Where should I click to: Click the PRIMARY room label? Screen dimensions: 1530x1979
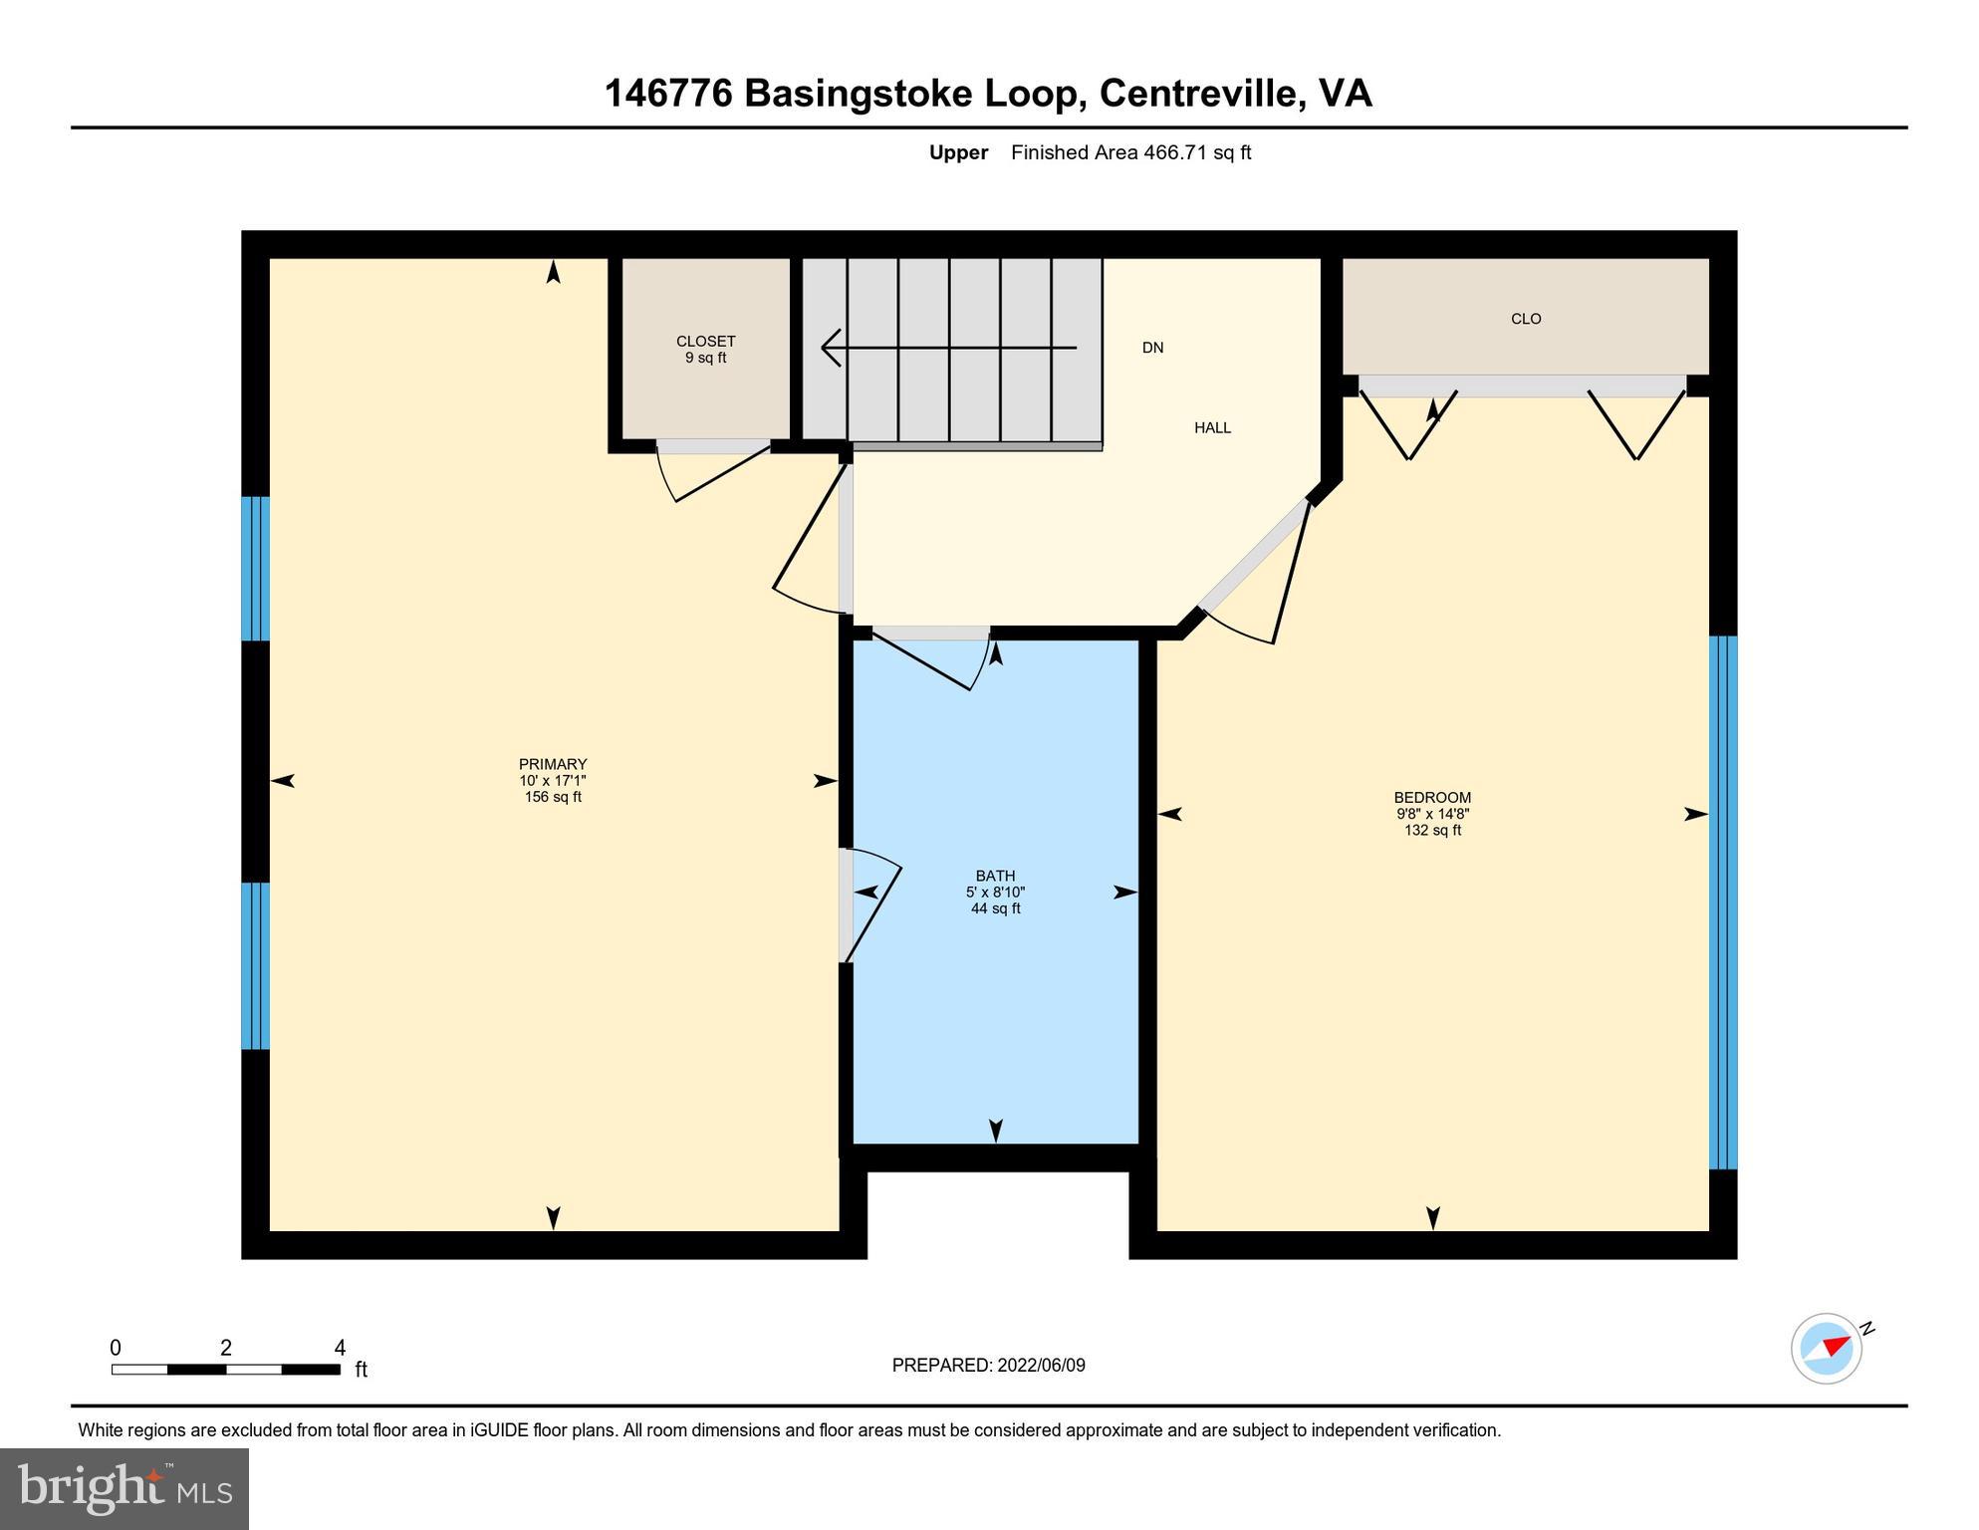pyautogui.click(x=553, y=765)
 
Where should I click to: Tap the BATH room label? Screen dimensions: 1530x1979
pyautogui.click(x=995, y=877)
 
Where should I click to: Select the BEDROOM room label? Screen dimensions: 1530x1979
pyautogui.click(x=1432, y=798)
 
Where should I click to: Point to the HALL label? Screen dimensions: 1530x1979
pyautogui.click(x=1212, y=428)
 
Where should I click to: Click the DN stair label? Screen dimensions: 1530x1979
pyautogui.click(x=1152, y=348)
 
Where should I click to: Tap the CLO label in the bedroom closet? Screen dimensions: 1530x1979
pyautogui.click(x=1526, y=319)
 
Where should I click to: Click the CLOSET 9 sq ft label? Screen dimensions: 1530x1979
pyautogui.click(x=705, y=350)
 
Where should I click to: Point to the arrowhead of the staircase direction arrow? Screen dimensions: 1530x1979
pyautogui.click(x=829, y=348)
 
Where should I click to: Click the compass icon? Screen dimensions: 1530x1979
pyautogui.click(x=1827, y=1349)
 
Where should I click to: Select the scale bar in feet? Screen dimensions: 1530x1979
pyautogui.click(x=226, y=1369)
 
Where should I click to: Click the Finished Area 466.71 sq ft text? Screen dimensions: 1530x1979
pyautogui.click(x=1130, y=152)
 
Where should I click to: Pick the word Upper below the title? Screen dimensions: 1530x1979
pyautogui.click(x=958, y=152)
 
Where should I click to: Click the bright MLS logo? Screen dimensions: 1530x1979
pyautogui.click(x=124, y=1488)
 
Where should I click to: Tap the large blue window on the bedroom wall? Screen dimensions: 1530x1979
pyautogui.click(x=1723, y=901)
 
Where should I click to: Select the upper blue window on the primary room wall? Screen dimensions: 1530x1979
pyautogui.click(x=256, y=568)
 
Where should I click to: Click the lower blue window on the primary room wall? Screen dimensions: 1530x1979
pyautogui.click(x=256, y=965)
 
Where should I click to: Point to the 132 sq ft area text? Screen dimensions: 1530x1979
pyautogui.click(x=1432, y=830)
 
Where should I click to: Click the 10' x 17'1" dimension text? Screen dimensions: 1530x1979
pyautogui.click(x=553, y=781)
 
